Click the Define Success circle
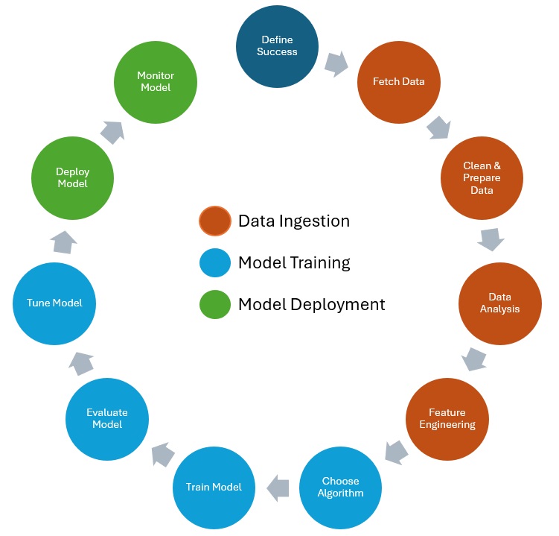pyautogui.click(x=277, y=45)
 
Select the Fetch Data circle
pyautogui.click(x=398, y=82)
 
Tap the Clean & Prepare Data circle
pyautogui.click(x=481, y=177)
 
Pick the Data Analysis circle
pyautogui.click(x=499, y=303)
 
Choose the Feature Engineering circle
pyautogui.click(x=447, y=418)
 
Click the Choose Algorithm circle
pyautogui.click(x=340, y=487)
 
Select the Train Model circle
pyautogui.click(x=214, y=487)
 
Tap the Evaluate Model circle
pyautogui.click(x=107, y=418)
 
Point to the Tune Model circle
pyautogui.click(x=54, y=303)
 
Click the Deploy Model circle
pyautogui.click(x=72, y=177)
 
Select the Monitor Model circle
pyautogui.click(x=155, y=82)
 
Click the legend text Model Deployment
pyautogui.click(x=311, y=305)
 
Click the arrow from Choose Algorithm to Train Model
pyautogui.click(x=278, y=487)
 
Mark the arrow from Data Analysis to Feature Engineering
pyautogui.click(x=474, y=359)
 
